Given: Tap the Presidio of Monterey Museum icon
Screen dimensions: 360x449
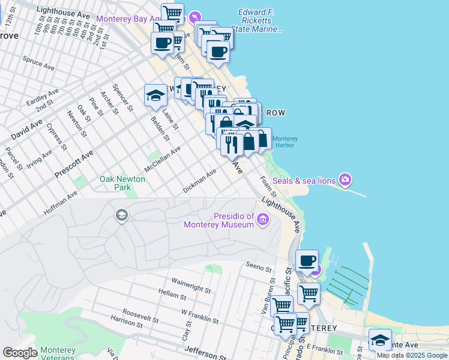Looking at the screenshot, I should click(262, 220).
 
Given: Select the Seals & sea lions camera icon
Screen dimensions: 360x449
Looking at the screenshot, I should click(345, 179).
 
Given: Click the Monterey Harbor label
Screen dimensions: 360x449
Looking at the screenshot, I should click(285, 142).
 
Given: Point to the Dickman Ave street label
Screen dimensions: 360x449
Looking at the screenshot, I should click(199, 182).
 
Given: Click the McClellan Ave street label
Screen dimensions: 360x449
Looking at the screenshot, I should click(162, 159).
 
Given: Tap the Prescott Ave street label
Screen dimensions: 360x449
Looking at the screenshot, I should click(74, 164).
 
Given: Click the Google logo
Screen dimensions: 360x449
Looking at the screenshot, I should click(19, 353).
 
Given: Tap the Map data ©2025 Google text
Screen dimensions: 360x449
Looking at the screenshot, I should click(412, 355).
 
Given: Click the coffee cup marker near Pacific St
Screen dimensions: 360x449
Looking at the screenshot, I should click(307, 261).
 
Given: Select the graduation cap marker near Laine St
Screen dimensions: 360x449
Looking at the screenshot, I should click(155, 95).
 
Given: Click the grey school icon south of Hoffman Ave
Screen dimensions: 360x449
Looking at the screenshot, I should click(122, 215).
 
